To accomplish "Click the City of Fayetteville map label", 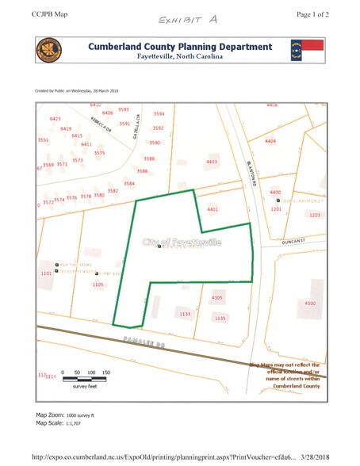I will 182,242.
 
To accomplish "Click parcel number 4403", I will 211,162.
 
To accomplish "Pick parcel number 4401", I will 212,209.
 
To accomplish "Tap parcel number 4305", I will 217,298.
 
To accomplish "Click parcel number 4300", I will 310,304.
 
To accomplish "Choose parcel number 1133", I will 185,315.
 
